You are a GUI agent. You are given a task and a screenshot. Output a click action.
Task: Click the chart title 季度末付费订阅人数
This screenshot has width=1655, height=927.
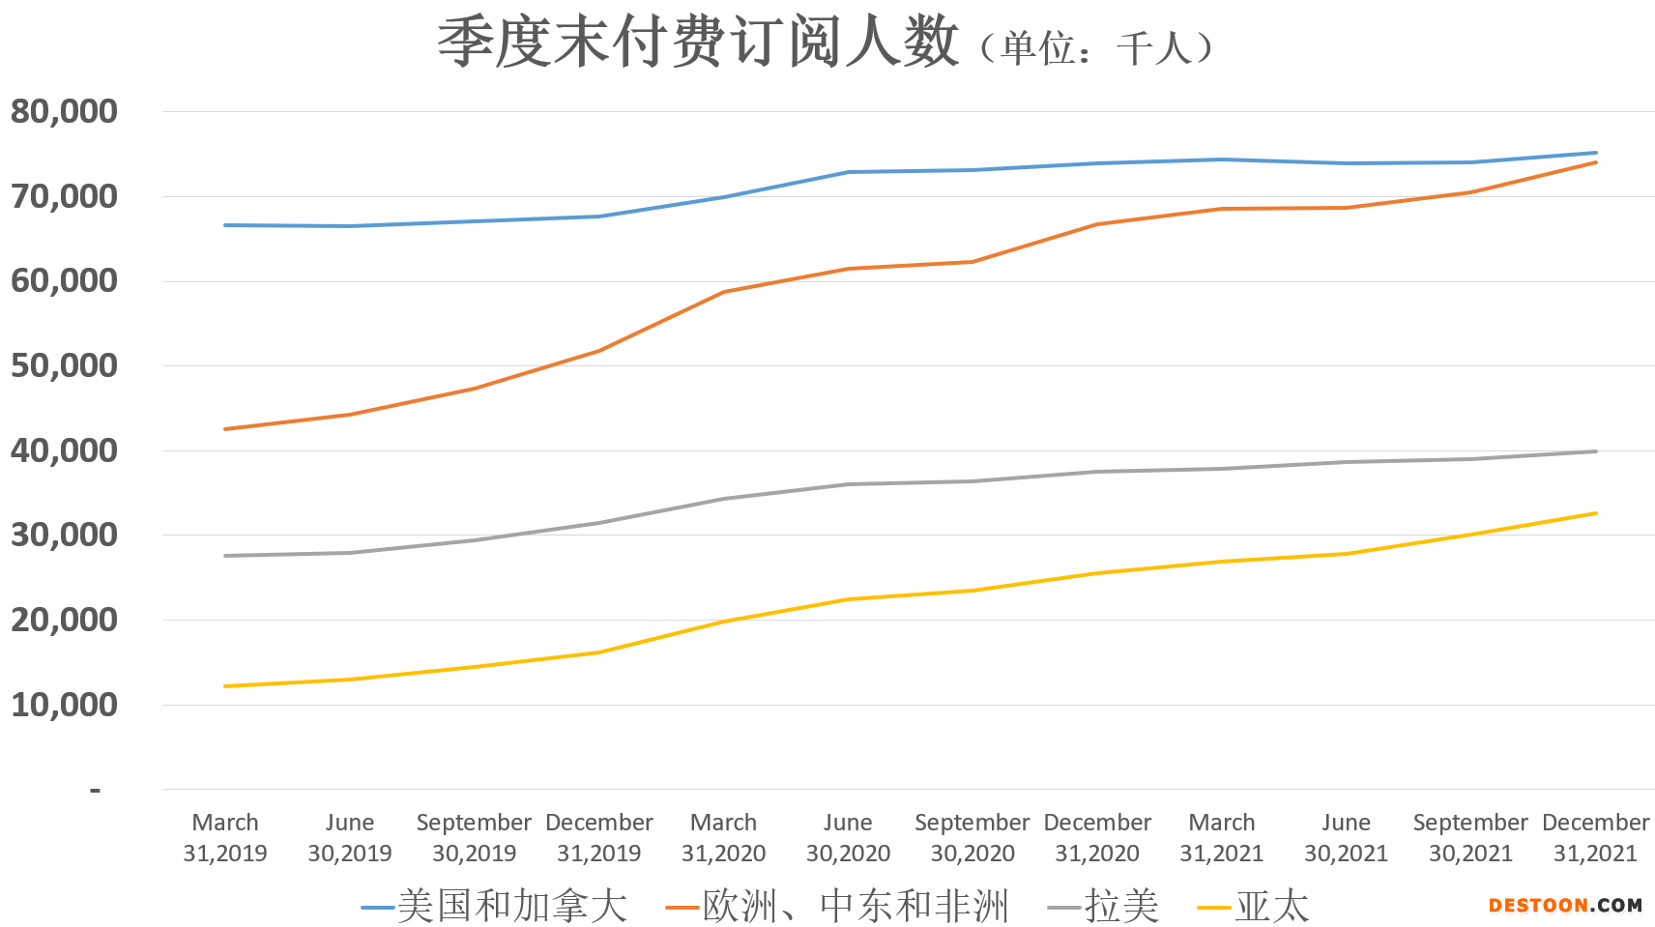[698, 43]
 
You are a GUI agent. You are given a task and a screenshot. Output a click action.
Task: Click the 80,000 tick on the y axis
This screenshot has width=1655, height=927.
[64, 111]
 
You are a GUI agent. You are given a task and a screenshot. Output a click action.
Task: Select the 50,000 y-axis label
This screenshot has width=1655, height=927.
[64, 365]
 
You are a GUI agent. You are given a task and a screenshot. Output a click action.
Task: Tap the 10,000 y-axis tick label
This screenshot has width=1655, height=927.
[64, 705]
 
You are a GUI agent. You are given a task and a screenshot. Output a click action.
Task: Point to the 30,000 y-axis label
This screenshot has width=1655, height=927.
[64, 535]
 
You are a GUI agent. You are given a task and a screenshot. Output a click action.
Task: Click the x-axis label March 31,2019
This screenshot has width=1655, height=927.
[225, 837]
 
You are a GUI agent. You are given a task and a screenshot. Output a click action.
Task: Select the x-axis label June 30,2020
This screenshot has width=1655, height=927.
[848, 837]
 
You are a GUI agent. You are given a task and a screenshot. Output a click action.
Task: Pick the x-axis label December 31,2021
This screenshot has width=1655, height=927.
[1595, 837]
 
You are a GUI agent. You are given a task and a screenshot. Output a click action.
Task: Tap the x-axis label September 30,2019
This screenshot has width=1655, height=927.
[474, 837]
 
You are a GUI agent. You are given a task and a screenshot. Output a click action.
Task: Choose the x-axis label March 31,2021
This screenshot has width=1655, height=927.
[1222, 837]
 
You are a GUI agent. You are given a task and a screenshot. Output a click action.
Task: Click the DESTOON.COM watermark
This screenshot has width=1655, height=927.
[1565, 906]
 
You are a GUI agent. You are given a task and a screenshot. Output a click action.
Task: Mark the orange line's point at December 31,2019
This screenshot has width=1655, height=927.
[599, 350]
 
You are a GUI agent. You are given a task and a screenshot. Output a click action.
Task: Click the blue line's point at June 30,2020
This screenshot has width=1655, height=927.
[848, 172]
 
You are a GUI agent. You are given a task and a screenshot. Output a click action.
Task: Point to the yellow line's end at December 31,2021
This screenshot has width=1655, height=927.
[1595, 513]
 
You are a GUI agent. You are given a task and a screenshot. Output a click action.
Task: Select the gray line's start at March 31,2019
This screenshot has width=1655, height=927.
[225, 556]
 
